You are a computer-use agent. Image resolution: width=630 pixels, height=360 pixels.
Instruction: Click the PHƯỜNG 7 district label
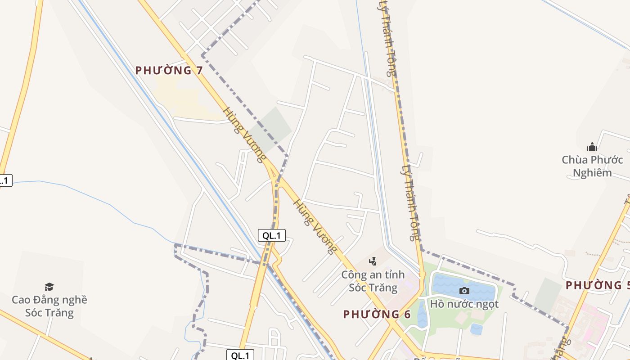coord(169,70)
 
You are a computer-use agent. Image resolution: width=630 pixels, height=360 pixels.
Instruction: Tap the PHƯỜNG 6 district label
coord(377,314)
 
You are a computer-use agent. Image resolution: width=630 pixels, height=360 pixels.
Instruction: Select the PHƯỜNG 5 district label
coord(598,285)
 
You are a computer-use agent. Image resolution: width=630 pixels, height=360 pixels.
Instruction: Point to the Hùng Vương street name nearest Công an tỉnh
coord(315,226)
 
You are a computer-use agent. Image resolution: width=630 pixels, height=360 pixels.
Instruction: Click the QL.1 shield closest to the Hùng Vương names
coord(271,235)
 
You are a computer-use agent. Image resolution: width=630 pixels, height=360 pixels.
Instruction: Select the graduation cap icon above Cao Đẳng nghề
coord(49,287)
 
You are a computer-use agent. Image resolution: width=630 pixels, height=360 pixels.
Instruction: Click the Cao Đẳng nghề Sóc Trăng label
coord(49,306)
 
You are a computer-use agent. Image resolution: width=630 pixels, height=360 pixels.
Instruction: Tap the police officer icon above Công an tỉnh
coord(373,261)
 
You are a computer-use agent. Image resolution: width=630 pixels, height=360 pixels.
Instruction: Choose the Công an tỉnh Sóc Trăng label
coord(373,281)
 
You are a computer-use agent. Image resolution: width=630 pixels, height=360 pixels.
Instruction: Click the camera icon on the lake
coord(464,291)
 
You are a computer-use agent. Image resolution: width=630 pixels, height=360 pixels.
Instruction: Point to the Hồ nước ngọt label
coord(464,304)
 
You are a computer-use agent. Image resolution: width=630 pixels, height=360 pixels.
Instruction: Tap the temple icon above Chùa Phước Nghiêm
coord(592,147)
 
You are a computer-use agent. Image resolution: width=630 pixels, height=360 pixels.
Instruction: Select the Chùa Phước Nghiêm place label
coord(592,166)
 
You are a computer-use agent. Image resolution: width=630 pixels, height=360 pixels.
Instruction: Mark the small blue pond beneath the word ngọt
coord(477,329)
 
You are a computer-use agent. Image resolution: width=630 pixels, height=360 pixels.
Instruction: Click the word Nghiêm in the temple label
coord(592,173)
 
